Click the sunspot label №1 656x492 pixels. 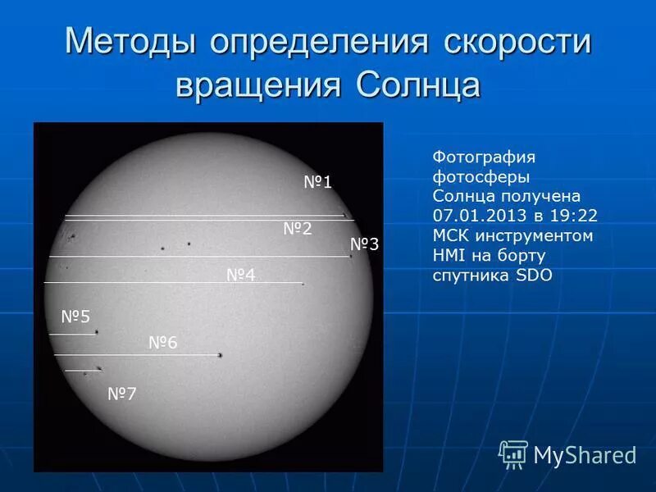tap(317, 182)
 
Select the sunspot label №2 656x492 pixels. tap(298, 229)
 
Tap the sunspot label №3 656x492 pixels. tap(364, 244)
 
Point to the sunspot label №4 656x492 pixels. tap(241, 275)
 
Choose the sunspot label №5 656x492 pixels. tap(75, 317)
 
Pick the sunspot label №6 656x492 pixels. tap(162, 343)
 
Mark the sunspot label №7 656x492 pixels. tap(122, 394)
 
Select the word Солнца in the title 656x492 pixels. tap(418, 84)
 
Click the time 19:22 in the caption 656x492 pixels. tap(577, 216)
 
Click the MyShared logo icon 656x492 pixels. tap(513, 453)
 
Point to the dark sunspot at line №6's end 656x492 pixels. tap(220, 355)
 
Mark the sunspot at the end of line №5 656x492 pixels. tap(96, 332)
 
